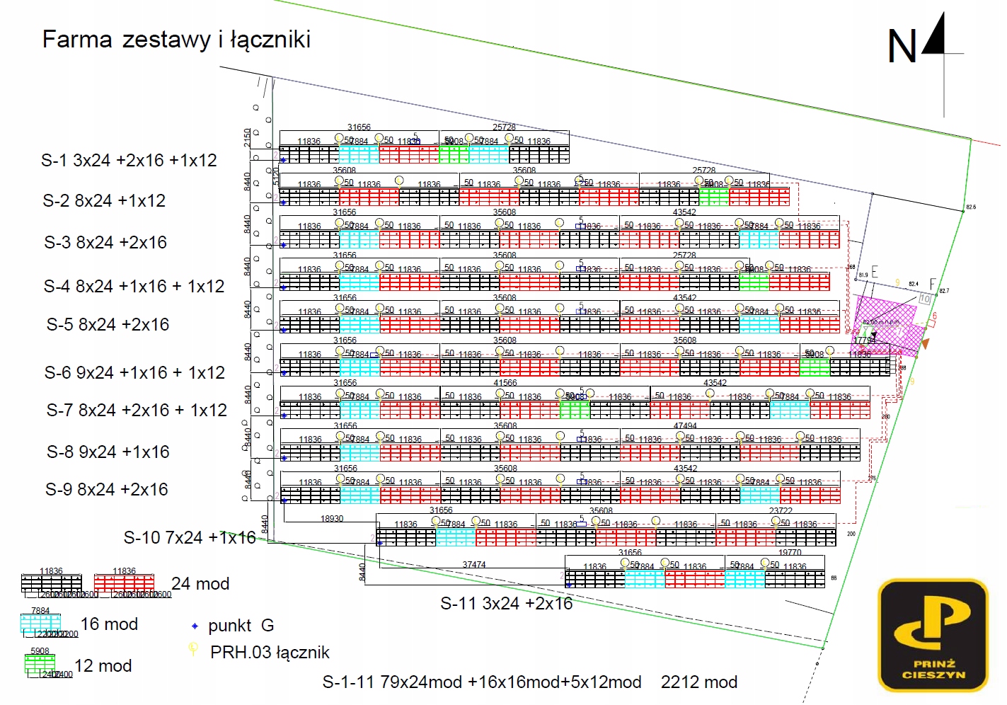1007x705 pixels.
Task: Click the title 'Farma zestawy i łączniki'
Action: [176, 40]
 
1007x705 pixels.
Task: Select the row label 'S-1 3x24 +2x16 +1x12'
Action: [129, 161]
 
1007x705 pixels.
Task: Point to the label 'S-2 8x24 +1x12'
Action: [104, 201]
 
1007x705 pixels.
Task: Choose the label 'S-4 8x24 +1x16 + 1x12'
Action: [134, 287]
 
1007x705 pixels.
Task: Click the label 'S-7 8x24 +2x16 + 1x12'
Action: [137, 411]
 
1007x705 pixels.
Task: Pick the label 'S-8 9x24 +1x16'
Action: [108, 452]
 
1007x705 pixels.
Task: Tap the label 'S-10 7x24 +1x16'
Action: [190, 538]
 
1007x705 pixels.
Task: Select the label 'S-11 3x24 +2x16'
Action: [506, 604]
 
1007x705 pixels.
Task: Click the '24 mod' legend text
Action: [200, 584]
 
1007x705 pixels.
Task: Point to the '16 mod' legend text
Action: [109, 624]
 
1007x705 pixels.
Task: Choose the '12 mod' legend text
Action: [103, 666]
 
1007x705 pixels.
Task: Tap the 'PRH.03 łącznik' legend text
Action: [270, 653]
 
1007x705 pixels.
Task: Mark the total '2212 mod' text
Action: [698, 682]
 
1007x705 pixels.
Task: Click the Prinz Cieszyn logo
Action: [933, 635]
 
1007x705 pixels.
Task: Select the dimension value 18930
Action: [332, 519]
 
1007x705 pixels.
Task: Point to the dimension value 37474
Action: [474, 565]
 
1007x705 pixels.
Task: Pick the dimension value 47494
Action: [685, 426]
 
